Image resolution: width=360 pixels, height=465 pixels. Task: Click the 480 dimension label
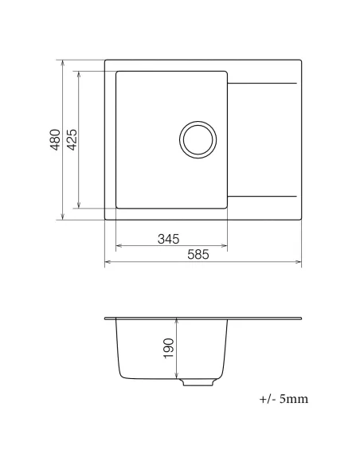pos(55,139)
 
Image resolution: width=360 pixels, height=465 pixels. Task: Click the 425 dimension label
pos(71,139)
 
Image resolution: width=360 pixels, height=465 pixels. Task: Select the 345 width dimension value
pos(167,238)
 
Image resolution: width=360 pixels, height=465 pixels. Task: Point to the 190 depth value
pos(169,347)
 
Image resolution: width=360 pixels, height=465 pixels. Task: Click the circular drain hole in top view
pos(197,139)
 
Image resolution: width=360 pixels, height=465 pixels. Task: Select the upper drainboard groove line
pos(264,83)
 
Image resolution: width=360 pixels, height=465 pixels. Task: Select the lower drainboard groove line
pos(264,196)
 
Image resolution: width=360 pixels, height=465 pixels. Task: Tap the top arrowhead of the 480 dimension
pos(63,61)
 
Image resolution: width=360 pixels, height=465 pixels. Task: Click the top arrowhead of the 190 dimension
pos(177,321)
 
